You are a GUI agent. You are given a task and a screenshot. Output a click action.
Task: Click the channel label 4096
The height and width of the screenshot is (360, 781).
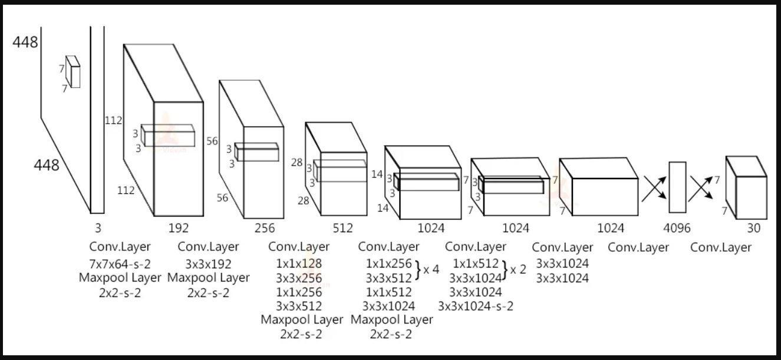[x=677, y=228]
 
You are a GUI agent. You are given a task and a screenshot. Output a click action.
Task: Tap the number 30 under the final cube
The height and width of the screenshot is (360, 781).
[x=753, y=228]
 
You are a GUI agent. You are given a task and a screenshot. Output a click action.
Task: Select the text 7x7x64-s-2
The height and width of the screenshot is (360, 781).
[x=120, y=263]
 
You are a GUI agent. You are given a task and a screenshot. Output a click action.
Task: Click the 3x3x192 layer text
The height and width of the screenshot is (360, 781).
[x=208, y=263]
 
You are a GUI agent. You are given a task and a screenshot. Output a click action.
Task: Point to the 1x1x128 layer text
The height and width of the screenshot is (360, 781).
[x=299, y=263]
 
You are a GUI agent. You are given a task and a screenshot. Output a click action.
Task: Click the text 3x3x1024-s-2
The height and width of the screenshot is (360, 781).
[x=476, y=306]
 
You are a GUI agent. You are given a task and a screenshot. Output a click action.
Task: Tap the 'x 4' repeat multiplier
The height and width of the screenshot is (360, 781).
[x=431, y=270]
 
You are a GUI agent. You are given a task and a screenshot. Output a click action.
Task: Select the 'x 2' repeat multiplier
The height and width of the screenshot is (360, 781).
[x=518, y=270]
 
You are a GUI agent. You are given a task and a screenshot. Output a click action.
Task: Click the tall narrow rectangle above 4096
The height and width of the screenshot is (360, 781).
[x=677, y=187]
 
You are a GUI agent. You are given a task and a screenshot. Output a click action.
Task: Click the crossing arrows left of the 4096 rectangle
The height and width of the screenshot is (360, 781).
[x=654, y=188]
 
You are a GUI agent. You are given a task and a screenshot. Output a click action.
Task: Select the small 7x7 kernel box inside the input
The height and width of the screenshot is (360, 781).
[x=73, y=72]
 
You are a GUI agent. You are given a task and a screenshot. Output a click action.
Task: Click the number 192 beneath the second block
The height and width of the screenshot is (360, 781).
[x=179, y=228]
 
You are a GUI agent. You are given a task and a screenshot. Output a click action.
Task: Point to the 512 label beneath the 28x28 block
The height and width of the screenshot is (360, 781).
[x=342, y=228]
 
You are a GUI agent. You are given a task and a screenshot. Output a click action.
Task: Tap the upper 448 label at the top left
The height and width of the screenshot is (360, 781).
[x=25, y=42]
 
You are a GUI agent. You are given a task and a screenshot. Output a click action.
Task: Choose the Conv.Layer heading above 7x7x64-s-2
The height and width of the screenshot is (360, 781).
[x=120, y=246]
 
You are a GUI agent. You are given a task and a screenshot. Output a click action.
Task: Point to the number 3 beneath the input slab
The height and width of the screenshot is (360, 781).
[x=97, y=227]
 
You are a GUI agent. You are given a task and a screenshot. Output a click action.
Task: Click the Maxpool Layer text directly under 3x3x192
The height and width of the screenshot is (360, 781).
[x=208, y=278]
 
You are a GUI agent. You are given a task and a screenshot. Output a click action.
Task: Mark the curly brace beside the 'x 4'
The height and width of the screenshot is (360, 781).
[x=418, y=270]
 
